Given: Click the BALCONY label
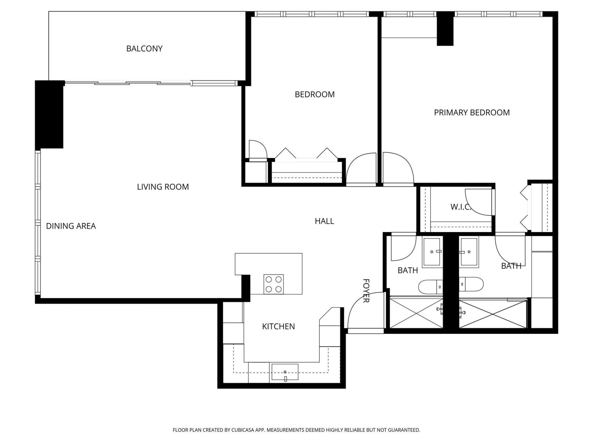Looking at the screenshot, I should coord(144,49).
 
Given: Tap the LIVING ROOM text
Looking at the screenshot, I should coord(163,187).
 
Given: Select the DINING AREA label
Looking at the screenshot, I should coord(71,226).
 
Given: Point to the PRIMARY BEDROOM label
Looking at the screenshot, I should coord(472,112).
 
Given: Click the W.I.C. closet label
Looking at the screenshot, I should coord(461,207).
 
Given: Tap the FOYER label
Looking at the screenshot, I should coord(366,291).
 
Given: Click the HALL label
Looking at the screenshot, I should coord(324,221).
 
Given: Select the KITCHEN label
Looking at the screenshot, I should coord(278,326).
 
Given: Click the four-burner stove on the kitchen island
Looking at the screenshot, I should coord(273,284).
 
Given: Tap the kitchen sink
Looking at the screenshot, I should coord(285,372).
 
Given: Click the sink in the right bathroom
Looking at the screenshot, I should coord(469,252).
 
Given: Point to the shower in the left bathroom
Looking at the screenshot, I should coord(416,312).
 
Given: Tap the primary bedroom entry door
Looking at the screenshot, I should coord(397,168).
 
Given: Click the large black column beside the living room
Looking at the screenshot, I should coord(49,114).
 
